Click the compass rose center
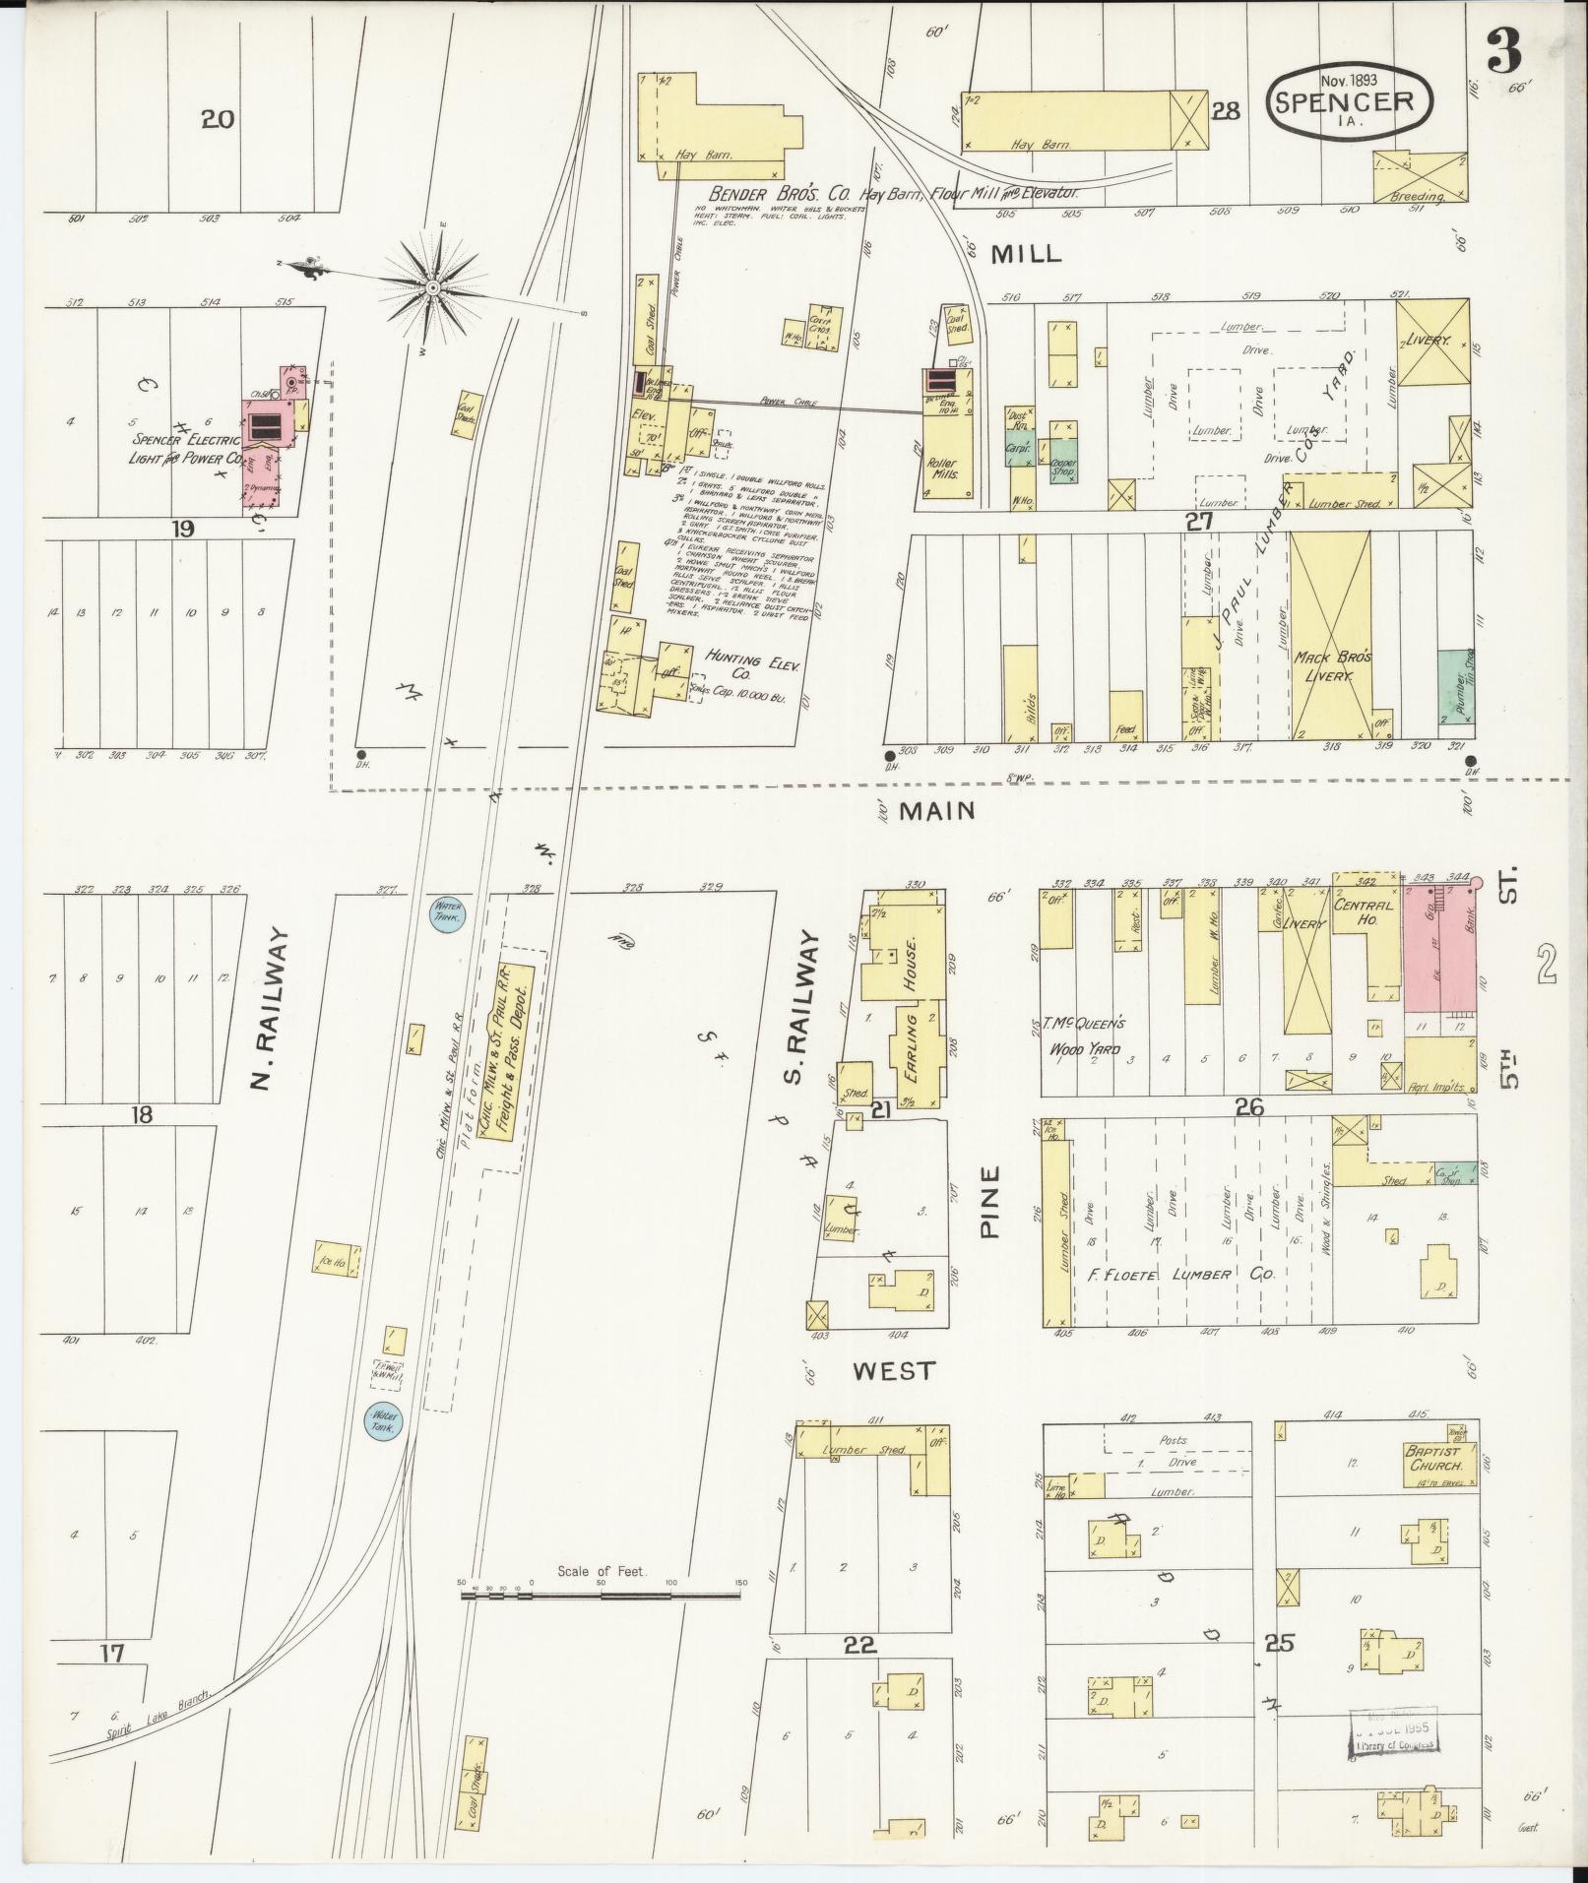(x=433, y=286)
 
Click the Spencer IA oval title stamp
(x=1349, y=99)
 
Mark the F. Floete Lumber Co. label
(x=1181, y=1274)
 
